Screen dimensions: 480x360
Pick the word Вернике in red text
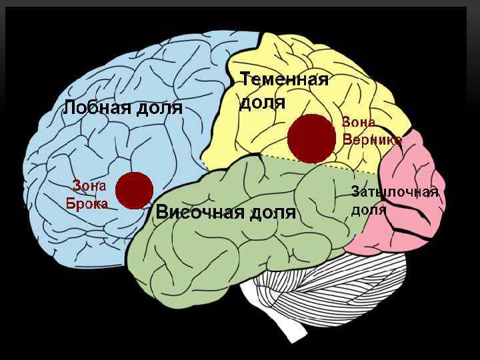[x=372, y=140]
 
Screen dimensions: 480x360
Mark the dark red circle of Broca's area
[x=134, y=189]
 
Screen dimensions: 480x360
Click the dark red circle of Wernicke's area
[x=311, y=138]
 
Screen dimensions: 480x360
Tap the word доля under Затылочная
[x=369, y=211]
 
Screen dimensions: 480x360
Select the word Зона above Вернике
[x=359, y=122]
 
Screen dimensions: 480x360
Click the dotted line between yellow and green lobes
[x=300, y=162]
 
